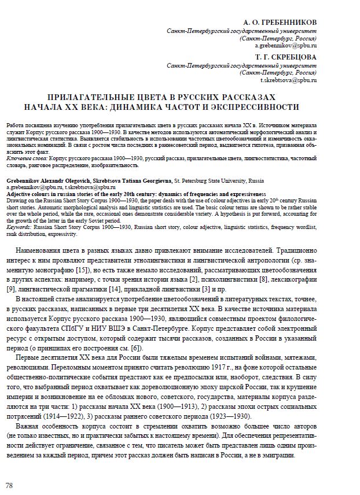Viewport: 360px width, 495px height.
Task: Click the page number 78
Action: tap(9, 485)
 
